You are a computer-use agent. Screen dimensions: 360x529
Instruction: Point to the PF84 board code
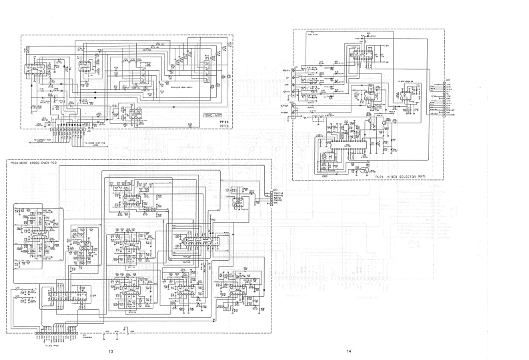223,123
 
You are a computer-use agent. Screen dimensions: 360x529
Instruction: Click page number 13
111,351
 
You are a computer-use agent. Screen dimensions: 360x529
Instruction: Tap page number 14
348,351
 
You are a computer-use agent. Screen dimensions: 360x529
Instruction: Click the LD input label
286,81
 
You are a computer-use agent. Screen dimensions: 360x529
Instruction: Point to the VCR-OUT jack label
285,106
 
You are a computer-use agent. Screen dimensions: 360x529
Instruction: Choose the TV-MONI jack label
285,113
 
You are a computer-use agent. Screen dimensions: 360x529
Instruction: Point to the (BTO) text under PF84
223,127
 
